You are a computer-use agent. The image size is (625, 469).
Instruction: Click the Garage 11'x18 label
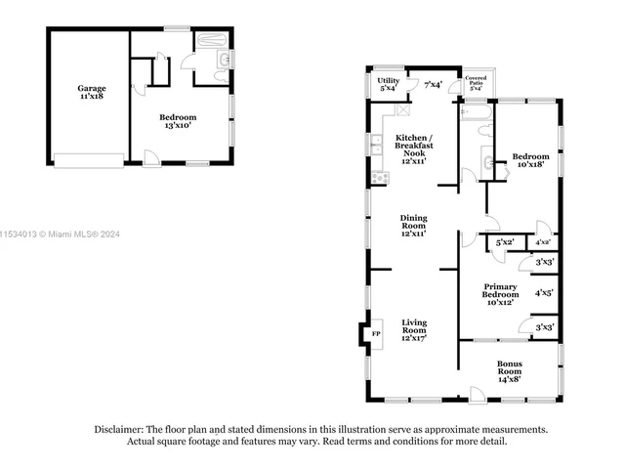[x=92, y=93]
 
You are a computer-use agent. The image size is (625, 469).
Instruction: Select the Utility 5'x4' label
[x=388, y=84]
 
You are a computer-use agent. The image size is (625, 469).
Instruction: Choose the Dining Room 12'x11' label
[x=413, y=226]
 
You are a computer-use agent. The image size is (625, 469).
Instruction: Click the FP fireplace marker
[x=374, y=335]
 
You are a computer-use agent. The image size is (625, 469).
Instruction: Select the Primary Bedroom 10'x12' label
[x=499, y=294]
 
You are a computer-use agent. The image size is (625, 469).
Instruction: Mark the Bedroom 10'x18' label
[x=530, y=160]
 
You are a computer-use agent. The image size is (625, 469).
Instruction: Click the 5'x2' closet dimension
[x=505, y=241]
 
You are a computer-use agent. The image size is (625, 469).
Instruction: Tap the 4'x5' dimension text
[x=544, y=292]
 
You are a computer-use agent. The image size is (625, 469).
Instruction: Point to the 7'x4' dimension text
[x=434, y=85]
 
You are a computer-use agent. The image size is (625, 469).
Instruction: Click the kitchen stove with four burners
[x=378, y=178]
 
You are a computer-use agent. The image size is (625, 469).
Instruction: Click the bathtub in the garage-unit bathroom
[x=209, y=42]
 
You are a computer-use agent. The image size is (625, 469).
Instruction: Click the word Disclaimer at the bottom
[x=118, y=429]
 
